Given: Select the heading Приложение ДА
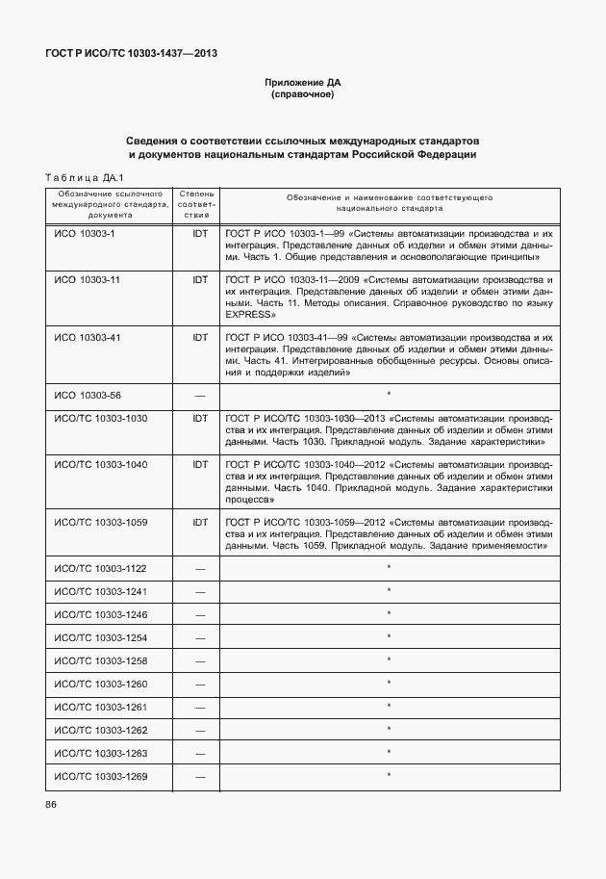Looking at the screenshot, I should coord(303,83).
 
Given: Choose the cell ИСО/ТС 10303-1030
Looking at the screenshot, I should coord(101,419).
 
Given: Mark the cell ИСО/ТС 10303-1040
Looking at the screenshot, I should coord(101,464).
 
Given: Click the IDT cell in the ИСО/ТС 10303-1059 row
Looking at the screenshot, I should coord(200,523).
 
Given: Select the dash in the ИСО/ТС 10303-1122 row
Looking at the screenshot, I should coord(200,569).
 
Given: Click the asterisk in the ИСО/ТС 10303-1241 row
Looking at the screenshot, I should coord(388,590).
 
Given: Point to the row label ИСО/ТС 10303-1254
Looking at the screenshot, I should coord(101,637).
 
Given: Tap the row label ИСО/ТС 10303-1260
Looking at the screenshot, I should coord(101,684).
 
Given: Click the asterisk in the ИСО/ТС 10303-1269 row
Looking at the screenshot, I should coord(388,775).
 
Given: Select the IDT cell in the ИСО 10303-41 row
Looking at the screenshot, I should coord(200,337).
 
